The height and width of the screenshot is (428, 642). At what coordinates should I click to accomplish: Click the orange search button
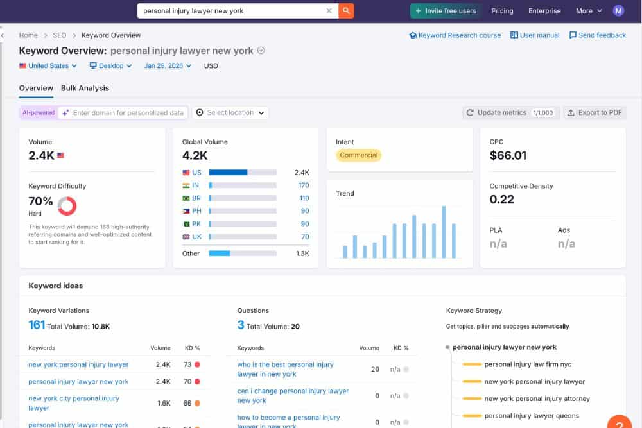coord(346,11)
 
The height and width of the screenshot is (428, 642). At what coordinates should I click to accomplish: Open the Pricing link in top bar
coord(502,11)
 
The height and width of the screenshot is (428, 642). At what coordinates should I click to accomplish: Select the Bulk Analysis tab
coord(85,88)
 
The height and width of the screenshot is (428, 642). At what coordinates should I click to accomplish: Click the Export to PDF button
coord(594,112)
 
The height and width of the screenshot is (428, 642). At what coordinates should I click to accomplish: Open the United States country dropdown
coord(48,65)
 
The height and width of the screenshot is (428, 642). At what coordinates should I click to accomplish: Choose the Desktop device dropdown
coord(111,65)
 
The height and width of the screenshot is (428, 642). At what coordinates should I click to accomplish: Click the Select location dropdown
coord(230,112)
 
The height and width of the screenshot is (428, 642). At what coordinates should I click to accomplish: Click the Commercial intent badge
coord(359,155)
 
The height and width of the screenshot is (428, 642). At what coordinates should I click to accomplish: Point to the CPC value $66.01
coord(508,155)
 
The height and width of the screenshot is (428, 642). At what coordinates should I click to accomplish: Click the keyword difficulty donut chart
coord(67,206)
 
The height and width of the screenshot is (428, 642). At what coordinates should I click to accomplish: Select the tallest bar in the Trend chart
coord(444,232)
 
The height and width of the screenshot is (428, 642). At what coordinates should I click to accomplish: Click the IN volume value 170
coord(304,185)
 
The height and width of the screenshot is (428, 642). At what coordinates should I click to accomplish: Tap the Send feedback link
coord(598,35)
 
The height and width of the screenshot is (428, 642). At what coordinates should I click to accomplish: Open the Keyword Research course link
coord(455,35)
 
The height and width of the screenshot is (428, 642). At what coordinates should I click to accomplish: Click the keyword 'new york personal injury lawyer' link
coord(78,364)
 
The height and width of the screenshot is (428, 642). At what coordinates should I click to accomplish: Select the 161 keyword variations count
coord(37,325)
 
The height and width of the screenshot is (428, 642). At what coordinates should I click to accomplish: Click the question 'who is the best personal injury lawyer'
coord(285,369)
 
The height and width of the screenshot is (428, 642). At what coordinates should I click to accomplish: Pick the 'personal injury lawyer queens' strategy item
coord(532,416)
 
